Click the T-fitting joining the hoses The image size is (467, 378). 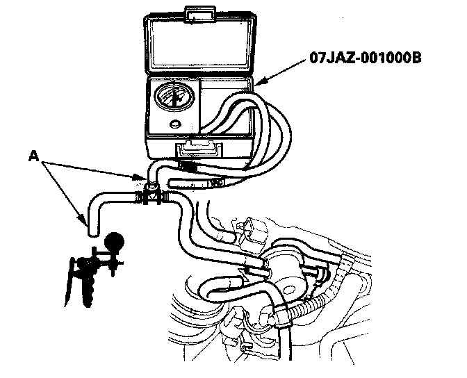pyautogui.click(x=151, y=192)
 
